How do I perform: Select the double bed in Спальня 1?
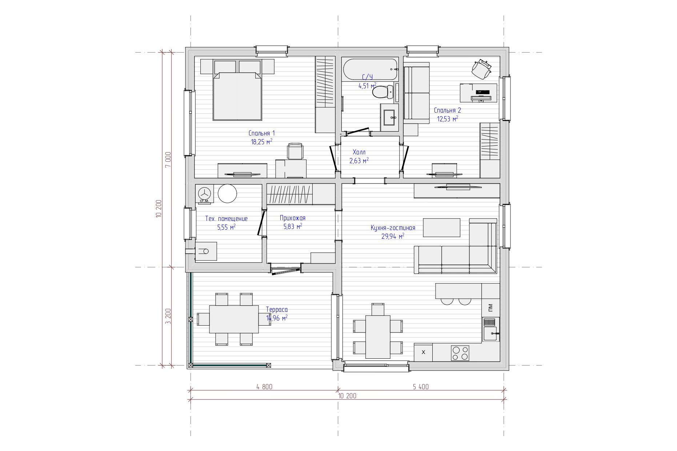coord(237,96)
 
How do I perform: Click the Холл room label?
coord(359,152)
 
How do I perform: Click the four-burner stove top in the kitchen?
coord(460,353)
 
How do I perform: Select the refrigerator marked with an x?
coord(423,352)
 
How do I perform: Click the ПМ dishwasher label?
coord(490,308)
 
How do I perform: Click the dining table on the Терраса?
coord(234,319)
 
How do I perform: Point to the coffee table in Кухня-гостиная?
coord(442,227)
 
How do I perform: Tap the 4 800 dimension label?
coord(264,387)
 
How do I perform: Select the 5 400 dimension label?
coord(421,387)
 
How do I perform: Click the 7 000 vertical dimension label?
coord(168,160)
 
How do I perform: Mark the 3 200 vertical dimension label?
coord(168,316)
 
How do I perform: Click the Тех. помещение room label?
coord(227,219)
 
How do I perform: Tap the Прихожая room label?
coord(293,218)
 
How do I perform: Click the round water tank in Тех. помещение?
coord(228,194)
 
